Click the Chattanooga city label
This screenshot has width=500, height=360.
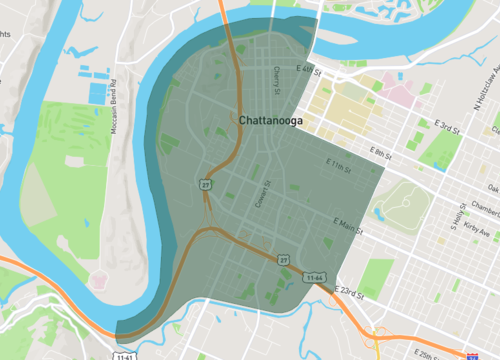[270, 120]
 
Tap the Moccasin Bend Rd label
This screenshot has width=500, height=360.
[117, 101]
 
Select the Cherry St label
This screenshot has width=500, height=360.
[276, 77]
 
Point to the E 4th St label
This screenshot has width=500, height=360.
[310, 70]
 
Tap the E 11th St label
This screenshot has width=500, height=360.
[341, 164]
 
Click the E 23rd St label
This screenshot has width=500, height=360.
[350, 293]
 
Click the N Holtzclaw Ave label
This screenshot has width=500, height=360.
[489, 85]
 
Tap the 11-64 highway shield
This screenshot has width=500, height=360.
[315, 276]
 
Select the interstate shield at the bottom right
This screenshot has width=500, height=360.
[470, 354]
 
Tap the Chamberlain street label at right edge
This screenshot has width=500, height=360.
[487, 208]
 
